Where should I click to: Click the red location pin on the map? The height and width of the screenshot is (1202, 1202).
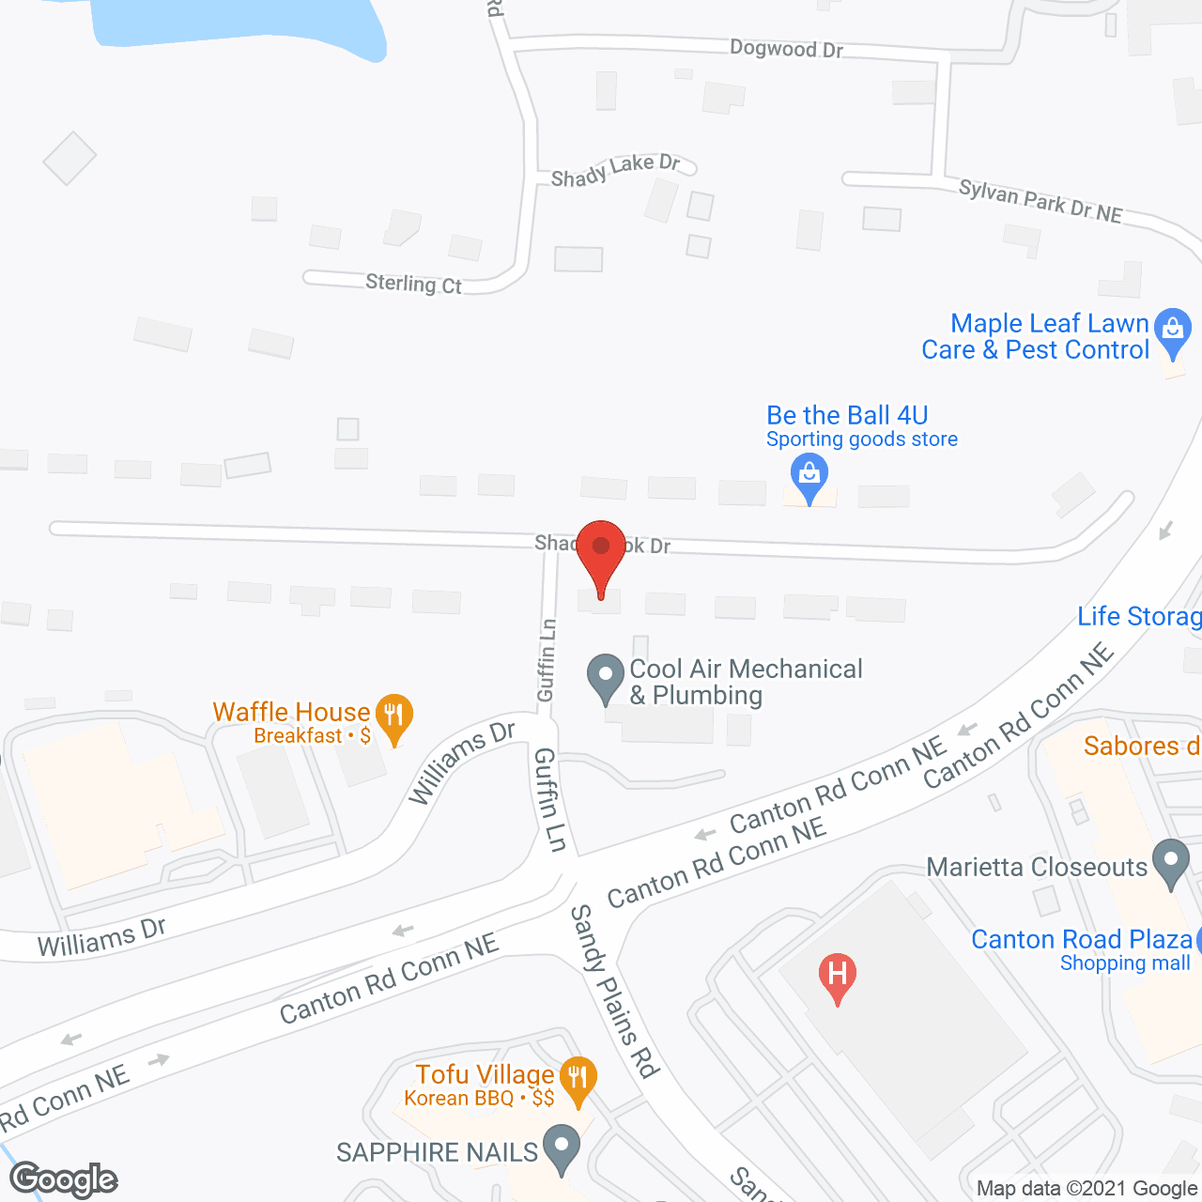click(x=601, y=549)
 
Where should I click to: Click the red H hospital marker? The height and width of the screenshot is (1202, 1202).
click(x=837, y=976)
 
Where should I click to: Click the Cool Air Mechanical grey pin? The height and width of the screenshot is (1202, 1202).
click(x=606, y=677)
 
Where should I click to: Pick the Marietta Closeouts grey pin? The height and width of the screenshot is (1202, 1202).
click(x=1170, y=862)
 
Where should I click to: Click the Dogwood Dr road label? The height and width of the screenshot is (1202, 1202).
click(x=786, y=49)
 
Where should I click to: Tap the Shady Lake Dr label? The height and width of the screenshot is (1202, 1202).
click(x=615, y=170)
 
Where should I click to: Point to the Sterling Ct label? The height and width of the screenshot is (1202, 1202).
click(x=413, y=284)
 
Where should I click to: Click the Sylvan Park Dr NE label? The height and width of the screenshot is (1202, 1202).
click(x=1040, y=202)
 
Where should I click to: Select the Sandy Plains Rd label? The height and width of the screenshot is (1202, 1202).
click(x=615, y=991)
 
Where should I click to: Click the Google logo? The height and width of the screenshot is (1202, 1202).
click(x=64, y=1179)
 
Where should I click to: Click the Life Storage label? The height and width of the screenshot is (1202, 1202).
click(x=1139, y=617)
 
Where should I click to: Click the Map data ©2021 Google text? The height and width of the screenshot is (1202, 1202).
click(x=1087, y=1189)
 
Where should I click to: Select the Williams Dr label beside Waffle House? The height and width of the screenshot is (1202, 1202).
click(x=463, y=762)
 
